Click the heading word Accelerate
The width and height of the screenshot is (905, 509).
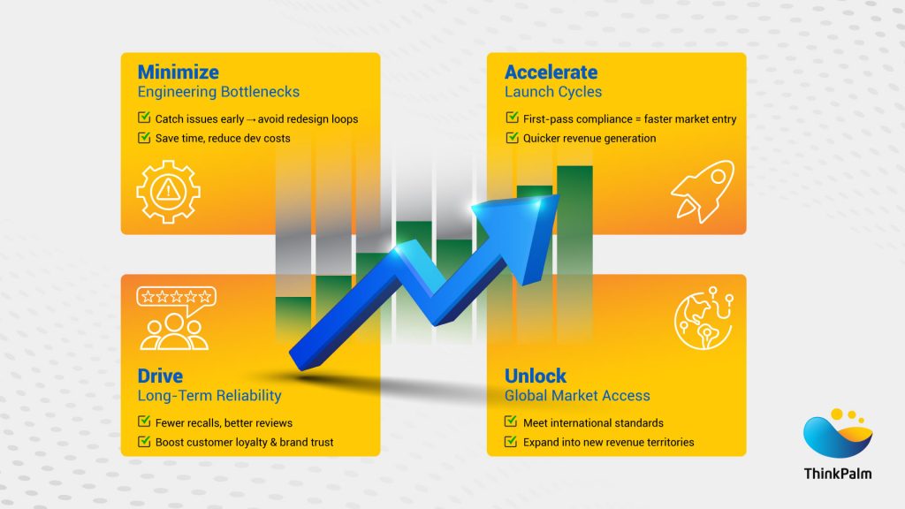(x=551, y=72)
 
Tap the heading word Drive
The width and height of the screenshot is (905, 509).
(x=159, y=376)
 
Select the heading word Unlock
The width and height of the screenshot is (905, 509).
(x=536, y=376)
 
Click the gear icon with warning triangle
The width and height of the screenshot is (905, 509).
(x=169, y=189)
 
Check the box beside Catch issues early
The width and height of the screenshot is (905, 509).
(x=144, y=118)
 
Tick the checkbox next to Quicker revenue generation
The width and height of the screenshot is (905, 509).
(x=512, y=138)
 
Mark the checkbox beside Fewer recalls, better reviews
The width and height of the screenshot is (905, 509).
(x=144, y=422)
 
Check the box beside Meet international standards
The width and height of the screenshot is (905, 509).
(x=512, y=422)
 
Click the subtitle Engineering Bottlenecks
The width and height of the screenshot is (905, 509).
(x=218, y=92)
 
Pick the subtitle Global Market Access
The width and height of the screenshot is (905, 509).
(x=577, y=395)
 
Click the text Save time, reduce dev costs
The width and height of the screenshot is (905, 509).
(x=222, y=138)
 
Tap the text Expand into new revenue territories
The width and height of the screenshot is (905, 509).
(x=608, y=442)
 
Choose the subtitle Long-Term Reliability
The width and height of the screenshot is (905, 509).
(x=209, y=395)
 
